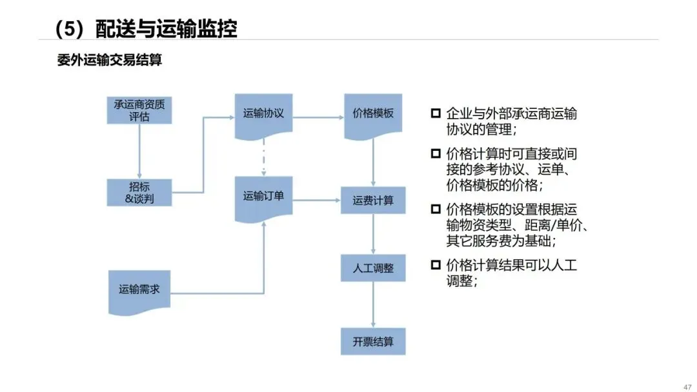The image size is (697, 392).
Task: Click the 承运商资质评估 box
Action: [x=139, y=110]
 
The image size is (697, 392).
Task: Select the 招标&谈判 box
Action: [x=139, y=193]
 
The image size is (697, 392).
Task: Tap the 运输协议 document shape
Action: [x=263, y=116]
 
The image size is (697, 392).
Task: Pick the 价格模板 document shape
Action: [x=373, y=116]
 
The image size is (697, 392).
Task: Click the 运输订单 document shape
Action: [x=263, y=199]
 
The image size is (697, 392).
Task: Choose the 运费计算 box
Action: [x=373, y=201]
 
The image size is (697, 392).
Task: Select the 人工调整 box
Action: [x=373, y=268]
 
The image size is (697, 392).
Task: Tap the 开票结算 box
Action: [x=373, y=342]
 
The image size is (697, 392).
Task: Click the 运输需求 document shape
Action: [x=139, y=293]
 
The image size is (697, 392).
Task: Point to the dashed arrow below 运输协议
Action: [x=263, y=157]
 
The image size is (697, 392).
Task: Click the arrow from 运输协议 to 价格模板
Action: [x=318, y=117]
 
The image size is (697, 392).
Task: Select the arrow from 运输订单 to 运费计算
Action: [x=316, y=201]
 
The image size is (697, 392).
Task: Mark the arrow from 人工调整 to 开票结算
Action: [x=373, y=305]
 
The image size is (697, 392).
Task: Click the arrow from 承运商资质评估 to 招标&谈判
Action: [x=139, y=152]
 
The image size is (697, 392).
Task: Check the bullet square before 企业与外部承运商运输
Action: [x=436, y=113]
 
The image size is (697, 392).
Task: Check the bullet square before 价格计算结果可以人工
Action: [x=436, y=265]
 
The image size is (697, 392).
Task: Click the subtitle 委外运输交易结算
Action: [x=109, y=60]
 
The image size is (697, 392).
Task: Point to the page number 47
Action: [x=687, y=387]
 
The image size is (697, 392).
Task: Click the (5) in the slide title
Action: [x=69, y=29]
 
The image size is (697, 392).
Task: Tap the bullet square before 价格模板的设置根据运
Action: [x=436, y=209]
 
